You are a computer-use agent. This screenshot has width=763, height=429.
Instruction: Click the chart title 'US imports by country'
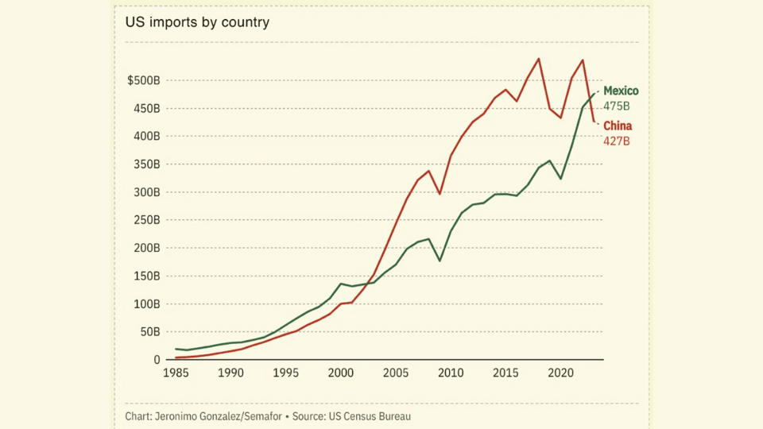point(197,22)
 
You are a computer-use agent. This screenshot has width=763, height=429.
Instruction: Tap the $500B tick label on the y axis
point(143,80)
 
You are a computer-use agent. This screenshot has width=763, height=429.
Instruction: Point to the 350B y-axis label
point(145,164)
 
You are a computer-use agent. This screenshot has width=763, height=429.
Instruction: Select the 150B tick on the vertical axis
point(145,276)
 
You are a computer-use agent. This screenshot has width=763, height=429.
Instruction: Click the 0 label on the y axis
point(157,360)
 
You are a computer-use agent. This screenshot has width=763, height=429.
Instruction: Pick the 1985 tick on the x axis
point(176,373)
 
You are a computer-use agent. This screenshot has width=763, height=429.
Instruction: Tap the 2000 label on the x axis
point(340,373)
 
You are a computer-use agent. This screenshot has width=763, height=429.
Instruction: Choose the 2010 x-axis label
point(451,373)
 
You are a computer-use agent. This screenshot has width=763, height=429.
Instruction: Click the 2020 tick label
point(561,373)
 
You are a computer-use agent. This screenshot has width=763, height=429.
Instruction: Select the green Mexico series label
point(621,91)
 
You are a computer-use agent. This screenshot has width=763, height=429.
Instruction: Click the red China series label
point(618,126)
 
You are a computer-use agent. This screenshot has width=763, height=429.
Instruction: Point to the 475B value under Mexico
point(616,106)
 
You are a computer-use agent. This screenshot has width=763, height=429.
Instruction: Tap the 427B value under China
point(616,141)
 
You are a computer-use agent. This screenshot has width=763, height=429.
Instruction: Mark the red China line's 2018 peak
point(539,59)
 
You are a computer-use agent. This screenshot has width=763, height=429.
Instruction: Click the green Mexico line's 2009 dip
point(440,261)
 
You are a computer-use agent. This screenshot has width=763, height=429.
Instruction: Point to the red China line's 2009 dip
point(440,194)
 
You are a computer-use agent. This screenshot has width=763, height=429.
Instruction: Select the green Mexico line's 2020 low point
point(561,179)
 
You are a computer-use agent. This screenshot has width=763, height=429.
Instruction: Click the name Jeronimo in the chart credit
point(180,416)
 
